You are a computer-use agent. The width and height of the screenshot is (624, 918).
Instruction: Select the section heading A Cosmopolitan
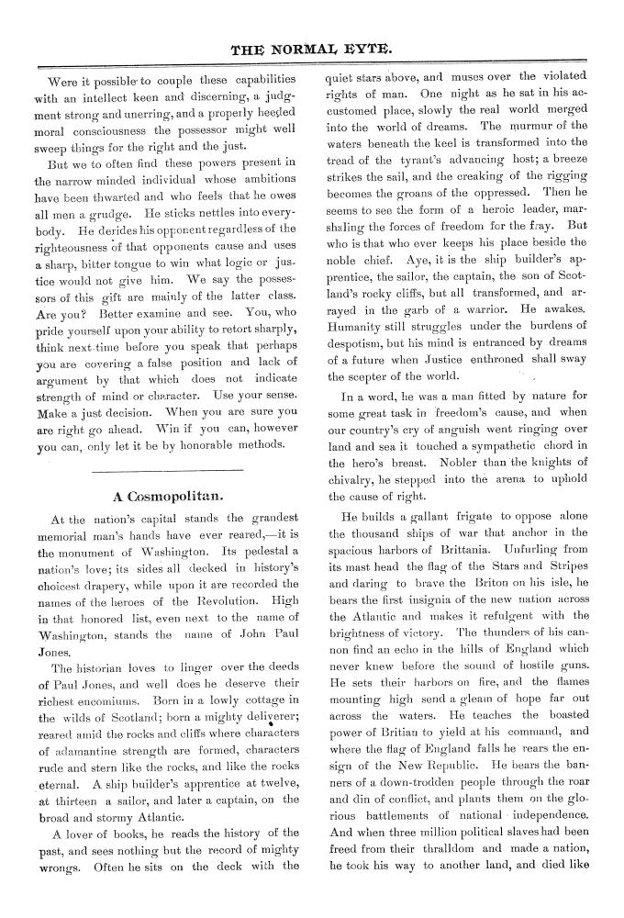tap(164, 497)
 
